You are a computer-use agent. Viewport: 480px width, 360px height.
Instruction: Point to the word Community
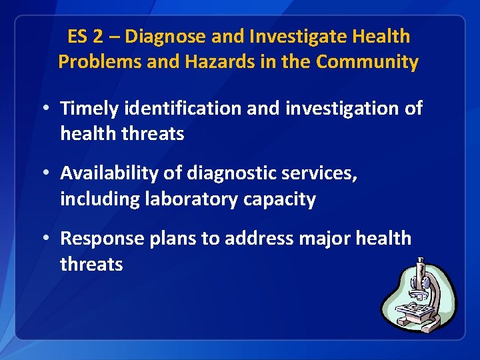(367, 62)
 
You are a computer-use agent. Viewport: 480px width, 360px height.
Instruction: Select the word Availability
(110, 173)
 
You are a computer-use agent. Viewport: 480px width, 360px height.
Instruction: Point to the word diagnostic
(238, 173)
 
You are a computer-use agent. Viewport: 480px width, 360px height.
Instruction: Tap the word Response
(98, 239)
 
